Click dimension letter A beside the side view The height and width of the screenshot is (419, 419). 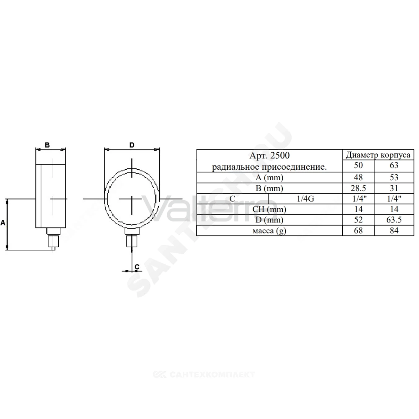tap(3, 222)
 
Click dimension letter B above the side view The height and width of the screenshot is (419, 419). tap(47, 145)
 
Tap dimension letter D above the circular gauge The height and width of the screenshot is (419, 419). tap(132, 145)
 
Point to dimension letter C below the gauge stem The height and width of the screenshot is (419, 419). tap(137, 266)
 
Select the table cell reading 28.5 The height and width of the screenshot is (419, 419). tap(358, 188)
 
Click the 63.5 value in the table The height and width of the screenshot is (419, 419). tap(394, 220)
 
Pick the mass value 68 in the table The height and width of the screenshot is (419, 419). tap(358, 230)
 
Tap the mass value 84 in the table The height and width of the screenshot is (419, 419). tap(394, 230)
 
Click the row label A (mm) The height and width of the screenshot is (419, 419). tap(269, 178)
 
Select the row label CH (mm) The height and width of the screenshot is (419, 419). tap(269, 209)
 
